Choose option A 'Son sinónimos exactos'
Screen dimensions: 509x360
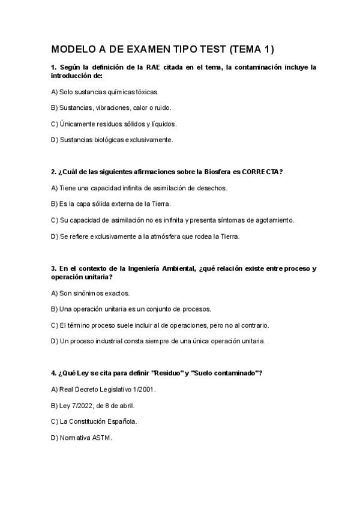click(90, 294)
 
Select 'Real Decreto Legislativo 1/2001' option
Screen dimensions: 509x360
click(103, 390)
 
